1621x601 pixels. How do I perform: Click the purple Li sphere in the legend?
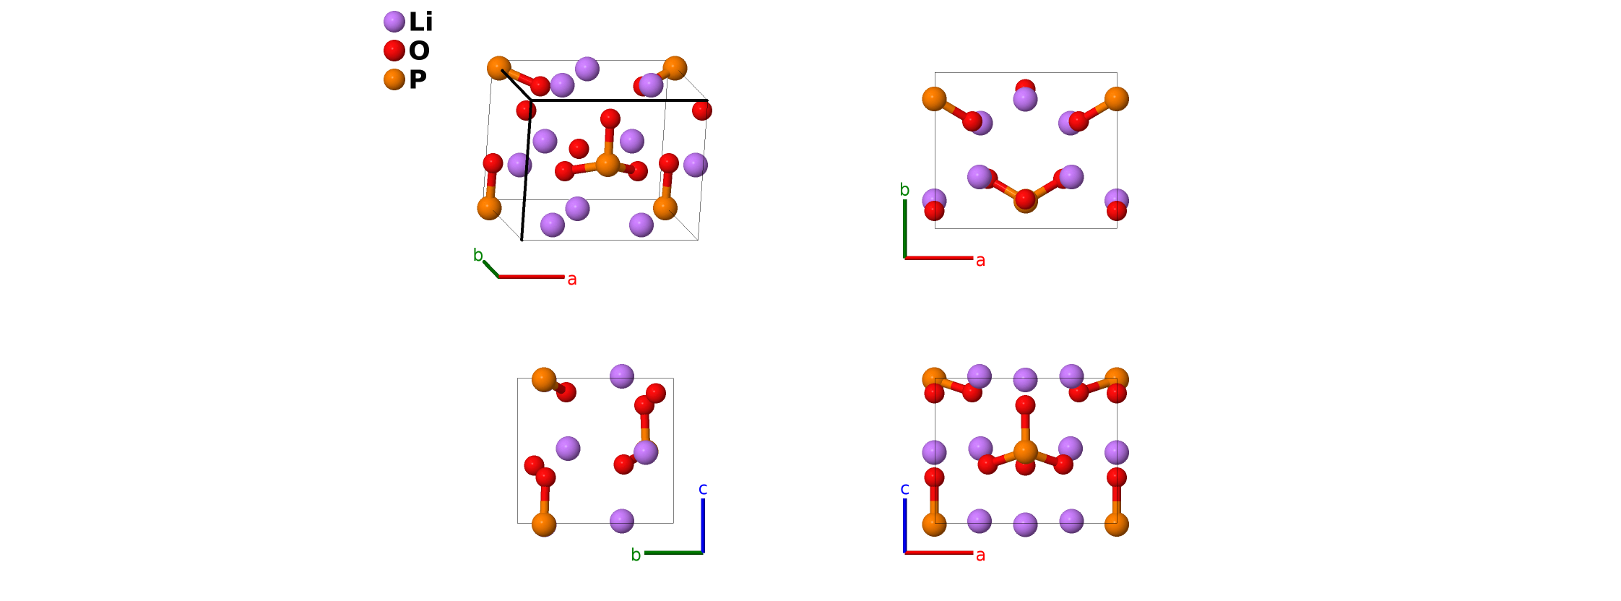(394, 22)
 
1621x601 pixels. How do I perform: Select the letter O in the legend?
(419, 51)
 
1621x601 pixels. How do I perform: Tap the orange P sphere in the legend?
(394, 79)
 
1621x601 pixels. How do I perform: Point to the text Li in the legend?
(420, 22)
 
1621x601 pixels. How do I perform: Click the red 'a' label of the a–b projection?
(980, 261)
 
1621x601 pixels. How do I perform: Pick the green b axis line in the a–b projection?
(905, 228)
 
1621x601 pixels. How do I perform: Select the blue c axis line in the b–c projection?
(703, 525)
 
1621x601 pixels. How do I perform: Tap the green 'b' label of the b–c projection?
(636, 555)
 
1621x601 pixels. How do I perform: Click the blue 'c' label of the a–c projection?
(904, 489)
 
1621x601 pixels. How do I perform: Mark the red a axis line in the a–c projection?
(939, 553)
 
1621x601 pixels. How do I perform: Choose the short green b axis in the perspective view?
(491, 269)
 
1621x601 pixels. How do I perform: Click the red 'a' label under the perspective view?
(572, 280)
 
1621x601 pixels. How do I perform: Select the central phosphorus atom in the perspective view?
(608, 164)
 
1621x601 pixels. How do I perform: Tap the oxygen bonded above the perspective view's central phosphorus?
(610, 119)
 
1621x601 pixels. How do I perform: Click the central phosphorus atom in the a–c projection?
(1025, 452)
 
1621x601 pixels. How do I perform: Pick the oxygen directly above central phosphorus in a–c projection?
(1025, 405)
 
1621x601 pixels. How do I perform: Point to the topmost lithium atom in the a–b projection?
(1025, 99)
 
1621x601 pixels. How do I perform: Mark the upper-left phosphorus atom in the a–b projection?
(934, 99)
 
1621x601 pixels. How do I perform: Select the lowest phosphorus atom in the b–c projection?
(544, 524)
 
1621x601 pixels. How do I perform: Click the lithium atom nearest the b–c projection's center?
(569, 449)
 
